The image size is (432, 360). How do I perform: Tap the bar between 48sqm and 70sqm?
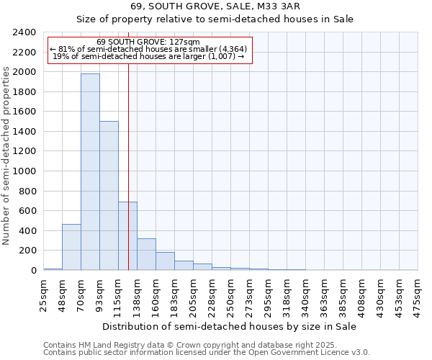point(71,247)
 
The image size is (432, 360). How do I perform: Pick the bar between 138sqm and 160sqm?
point(146,254)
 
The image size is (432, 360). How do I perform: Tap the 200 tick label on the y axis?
point(28,251)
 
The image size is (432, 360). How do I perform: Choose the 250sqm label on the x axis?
point(230,293)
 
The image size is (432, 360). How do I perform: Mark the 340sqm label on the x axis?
point(305,293)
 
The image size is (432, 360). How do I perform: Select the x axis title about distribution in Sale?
point(230,326)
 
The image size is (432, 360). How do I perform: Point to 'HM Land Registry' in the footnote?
point(107,345)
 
